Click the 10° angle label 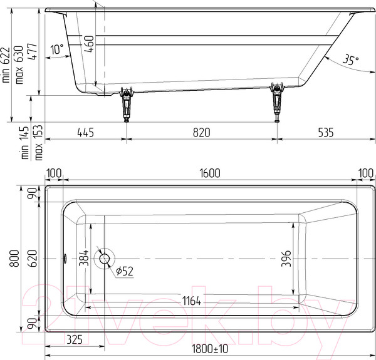(x=57, y=49)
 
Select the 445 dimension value (x=85, y=132)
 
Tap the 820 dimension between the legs (x=201, y=132)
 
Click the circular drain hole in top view (x=104, y=257)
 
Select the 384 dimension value (x=83, y=257)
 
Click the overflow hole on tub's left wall (x=66, y=257)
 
